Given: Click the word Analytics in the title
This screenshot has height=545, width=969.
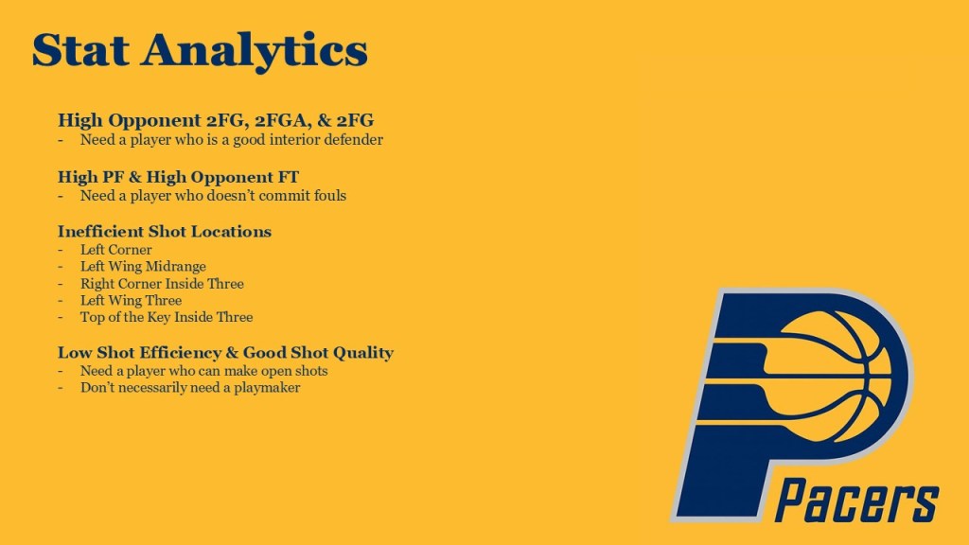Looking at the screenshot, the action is pos(255,53).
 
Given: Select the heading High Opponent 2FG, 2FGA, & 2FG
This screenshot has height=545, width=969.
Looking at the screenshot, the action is pos(216,120).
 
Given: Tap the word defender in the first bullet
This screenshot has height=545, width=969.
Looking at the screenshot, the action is pos(354,140).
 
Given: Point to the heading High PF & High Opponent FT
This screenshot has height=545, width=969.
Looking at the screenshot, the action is pos(178,177).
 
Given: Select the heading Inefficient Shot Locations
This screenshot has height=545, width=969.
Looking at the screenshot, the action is pos(165,231).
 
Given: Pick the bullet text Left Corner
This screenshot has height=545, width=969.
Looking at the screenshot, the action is pos(116,250).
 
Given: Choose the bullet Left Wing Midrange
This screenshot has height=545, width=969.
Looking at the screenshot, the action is pos(144,266).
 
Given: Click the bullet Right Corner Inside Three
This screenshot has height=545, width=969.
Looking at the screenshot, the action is pos(162,284).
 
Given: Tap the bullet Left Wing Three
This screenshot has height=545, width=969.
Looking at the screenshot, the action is pos(131,300).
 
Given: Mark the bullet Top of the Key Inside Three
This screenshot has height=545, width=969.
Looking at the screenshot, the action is pos(167,317).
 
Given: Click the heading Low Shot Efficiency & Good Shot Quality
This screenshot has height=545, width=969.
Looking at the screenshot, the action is pos(225,352).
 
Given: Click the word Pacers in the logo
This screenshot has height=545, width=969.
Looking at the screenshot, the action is pos(857,500).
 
